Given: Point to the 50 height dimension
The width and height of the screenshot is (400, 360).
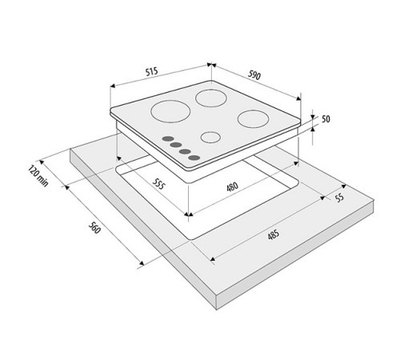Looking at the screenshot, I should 326,119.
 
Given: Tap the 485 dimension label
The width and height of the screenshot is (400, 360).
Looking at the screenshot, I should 271,237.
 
